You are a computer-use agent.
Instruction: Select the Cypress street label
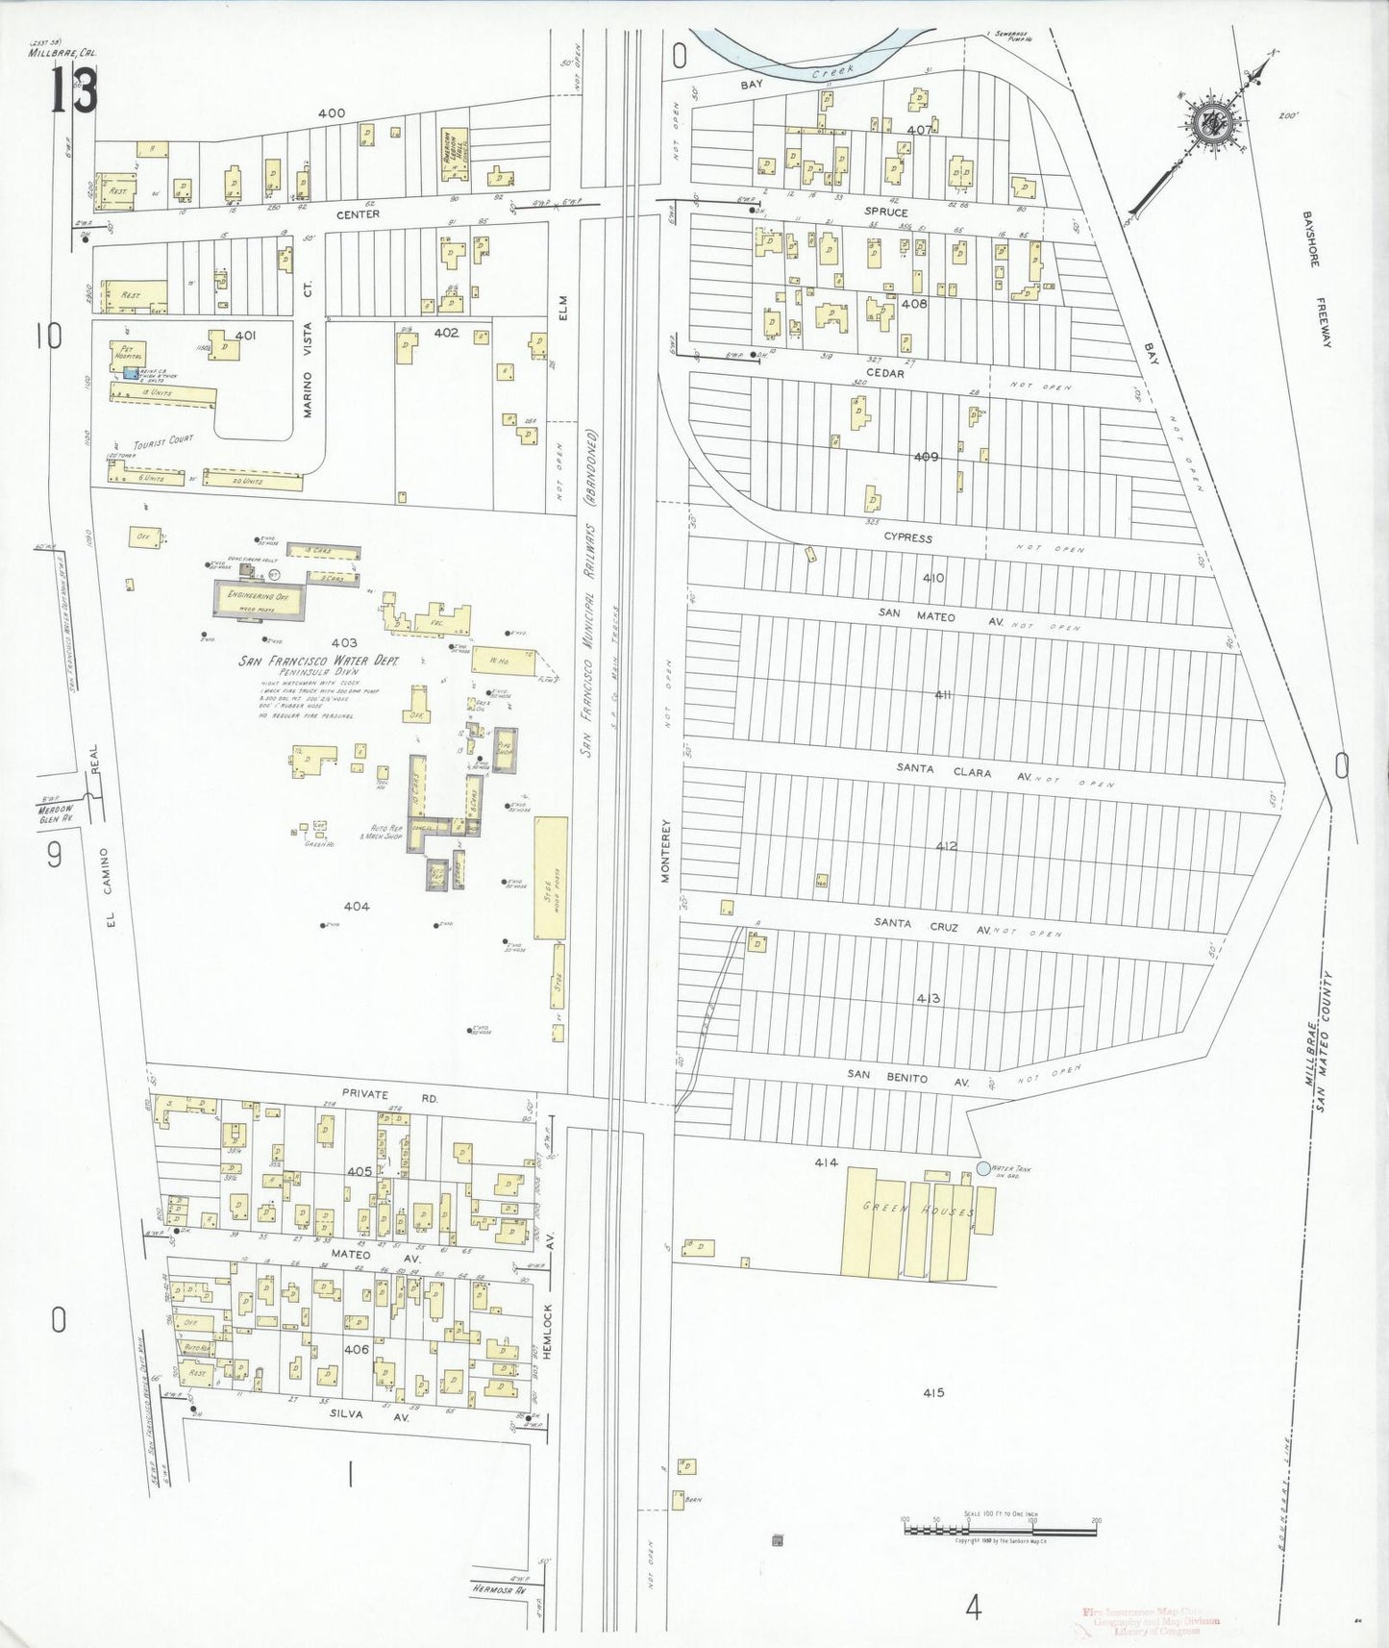click(908, 538)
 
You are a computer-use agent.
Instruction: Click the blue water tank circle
click(982, 1168)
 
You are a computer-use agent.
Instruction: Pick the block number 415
click(931, 1392)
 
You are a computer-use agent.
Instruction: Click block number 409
click(926, 457)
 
